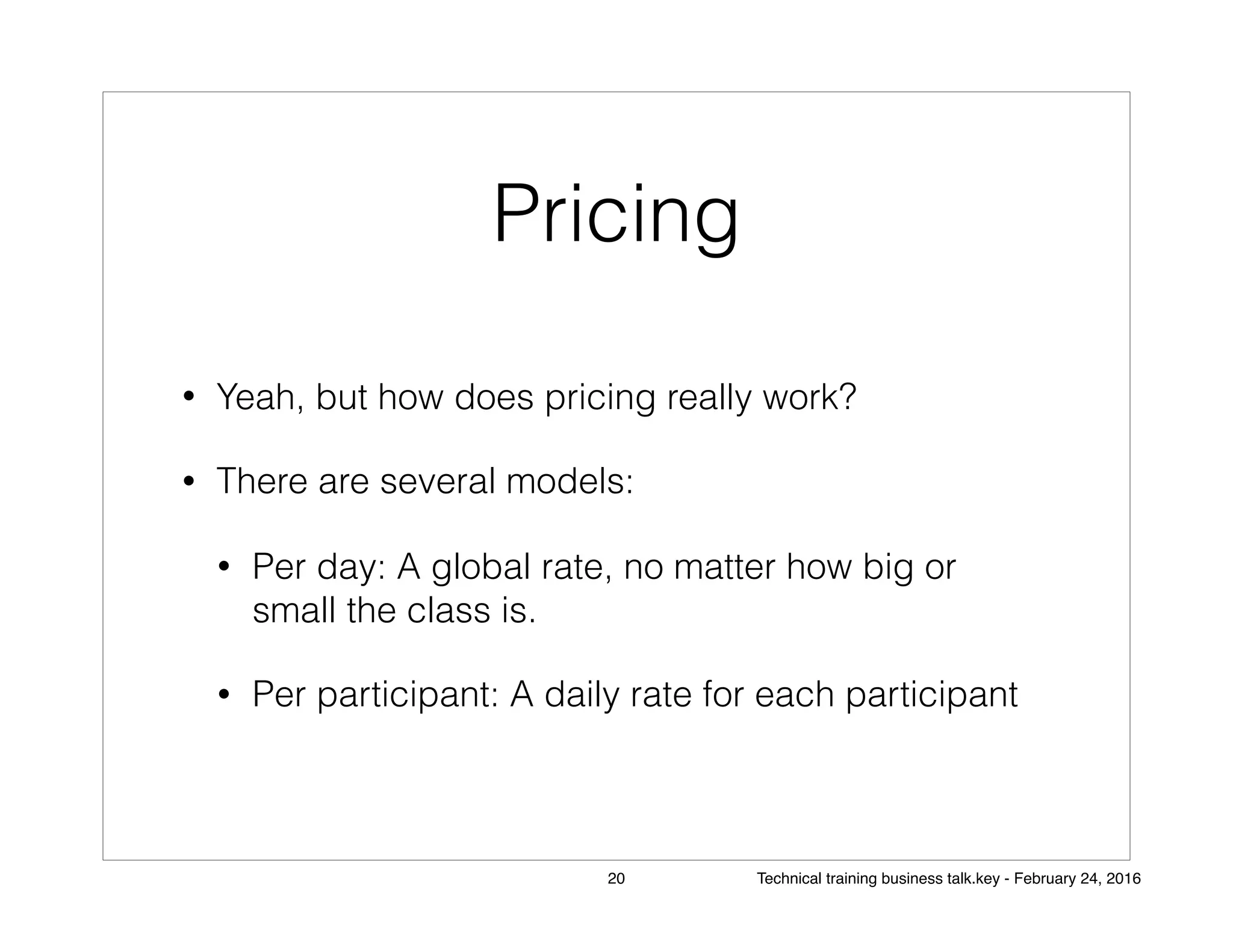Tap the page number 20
pyautogui.click(x=616, y=879)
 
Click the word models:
pyautogui.click(x=570, y=481)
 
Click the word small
pyautogui.click(x=294, y=611)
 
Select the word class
pyautogui.click(x=449, y=611)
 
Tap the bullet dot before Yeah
pyautogui.click(x=188, y=397)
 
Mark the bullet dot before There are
pyautogui.click(x=188, y=481)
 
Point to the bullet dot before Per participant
pyautogui.click(x=225, y=696)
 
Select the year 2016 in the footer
pyautogui.click(x=1123, y=879)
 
